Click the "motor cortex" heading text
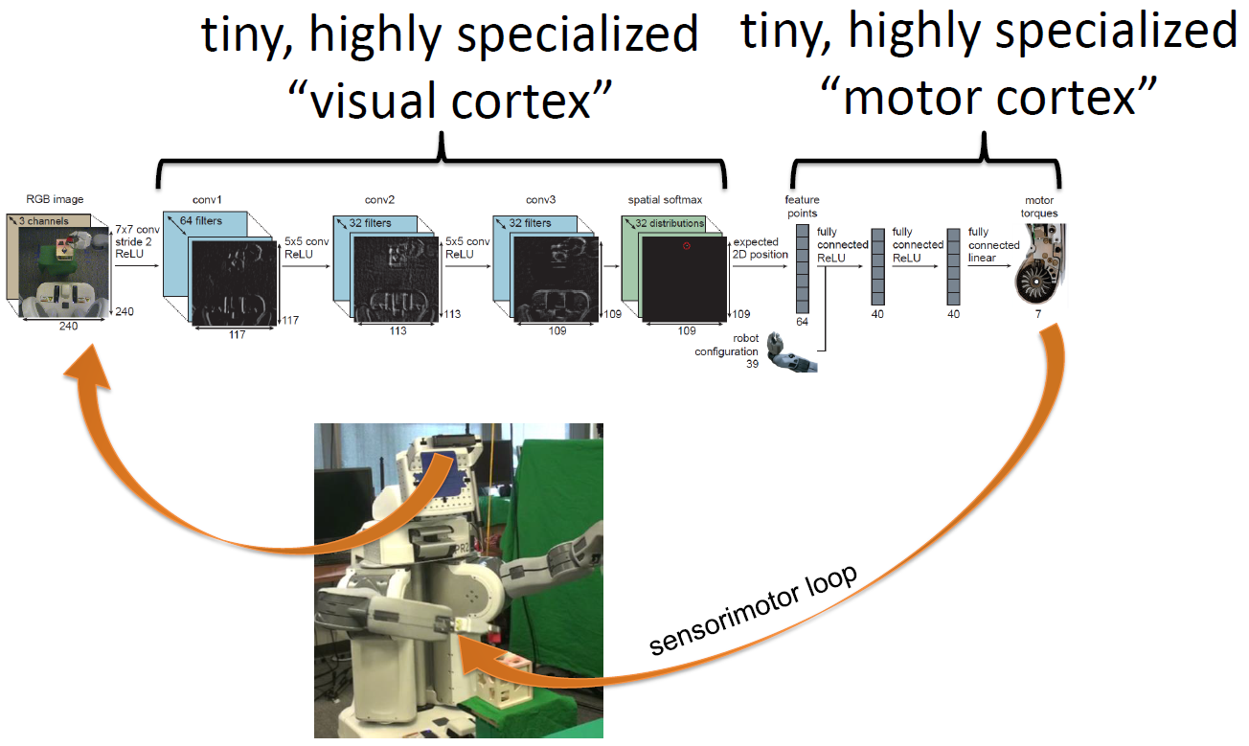(x=989, y=97)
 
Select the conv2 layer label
(x=378, y=201)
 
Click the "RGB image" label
(x=56, y=200)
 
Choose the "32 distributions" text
(x=670, y=223)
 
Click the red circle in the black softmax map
(x=686, y=246)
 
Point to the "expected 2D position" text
(x=761, y=248)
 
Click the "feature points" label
(x=803, y=206)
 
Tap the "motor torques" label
(x=1038, y=207)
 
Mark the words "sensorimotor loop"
(x=754, y=608)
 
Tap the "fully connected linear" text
(x=993, y=244)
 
